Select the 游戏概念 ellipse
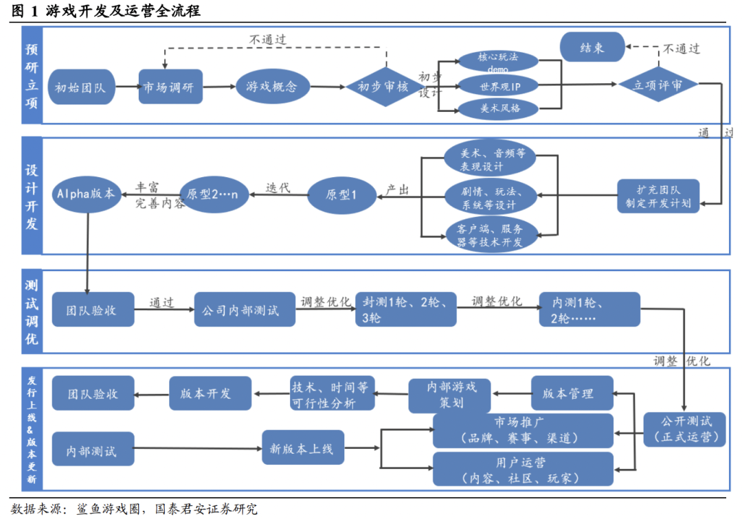click(x=271, y=86)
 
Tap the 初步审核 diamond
click(x=383, y=86)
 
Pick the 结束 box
click(x=592, y=48)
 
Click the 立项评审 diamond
click(x=657, y=85)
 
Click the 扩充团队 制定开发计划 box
click(x=657, y=197)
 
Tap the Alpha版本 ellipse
click(x=87, y=194)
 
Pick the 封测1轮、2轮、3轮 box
click(x=405, y=310)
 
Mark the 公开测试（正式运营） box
click(x=684, y=429)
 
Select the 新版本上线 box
click(x=302, y=449)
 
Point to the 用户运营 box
click(x=523, y=470)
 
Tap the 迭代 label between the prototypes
click(x=278, y=187)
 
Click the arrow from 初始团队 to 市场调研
click(x=126, y=87)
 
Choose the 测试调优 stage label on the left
click(x=32, y=312)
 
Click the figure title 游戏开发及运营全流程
click(x=124, y=12)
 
